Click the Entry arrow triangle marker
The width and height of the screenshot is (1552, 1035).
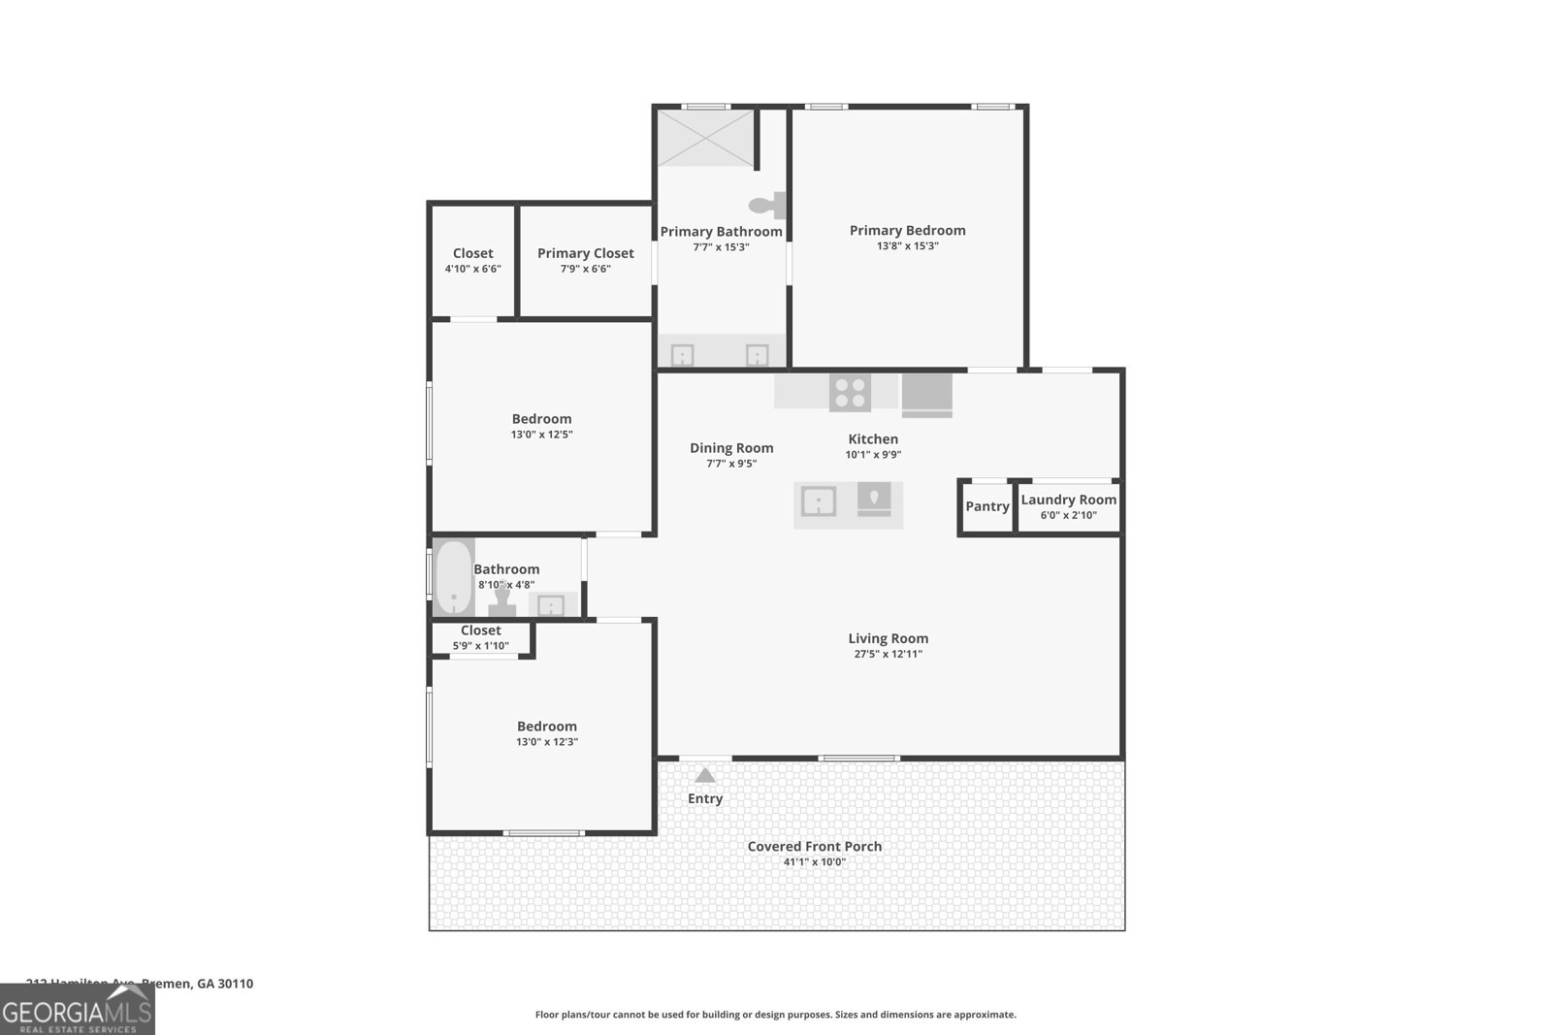[x=705, y=775]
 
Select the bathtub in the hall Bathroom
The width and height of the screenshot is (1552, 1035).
[x=453, y=577]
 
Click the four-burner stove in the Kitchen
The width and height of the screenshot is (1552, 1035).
[x=850, y=392]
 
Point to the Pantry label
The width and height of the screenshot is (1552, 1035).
[x=987, y=506]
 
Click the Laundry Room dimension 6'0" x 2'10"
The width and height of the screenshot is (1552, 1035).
[x=1068, y=515]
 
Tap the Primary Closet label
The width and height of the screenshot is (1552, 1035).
[x=585, y=253]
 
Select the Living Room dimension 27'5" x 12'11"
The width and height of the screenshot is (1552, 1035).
[x=888, y=654]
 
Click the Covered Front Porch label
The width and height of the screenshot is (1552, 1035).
[x=815, y=846]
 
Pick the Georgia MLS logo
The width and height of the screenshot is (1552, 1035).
[x=77, y=1010]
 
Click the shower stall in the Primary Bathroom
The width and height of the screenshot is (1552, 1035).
[x=705, y=138]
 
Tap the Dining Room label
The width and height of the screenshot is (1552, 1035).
[x=731, y=448]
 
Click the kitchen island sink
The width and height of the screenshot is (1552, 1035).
[x=819, y=502]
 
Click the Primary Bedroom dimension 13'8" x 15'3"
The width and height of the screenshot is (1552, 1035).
[x=907, y=246]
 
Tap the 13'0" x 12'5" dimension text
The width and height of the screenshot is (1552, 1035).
[x=541, y=435]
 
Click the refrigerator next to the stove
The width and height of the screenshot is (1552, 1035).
[x=926, y=394]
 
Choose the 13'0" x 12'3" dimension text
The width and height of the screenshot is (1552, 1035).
[x=546, y=742]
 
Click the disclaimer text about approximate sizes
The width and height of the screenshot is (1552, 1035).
[x=775, y=1015]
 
